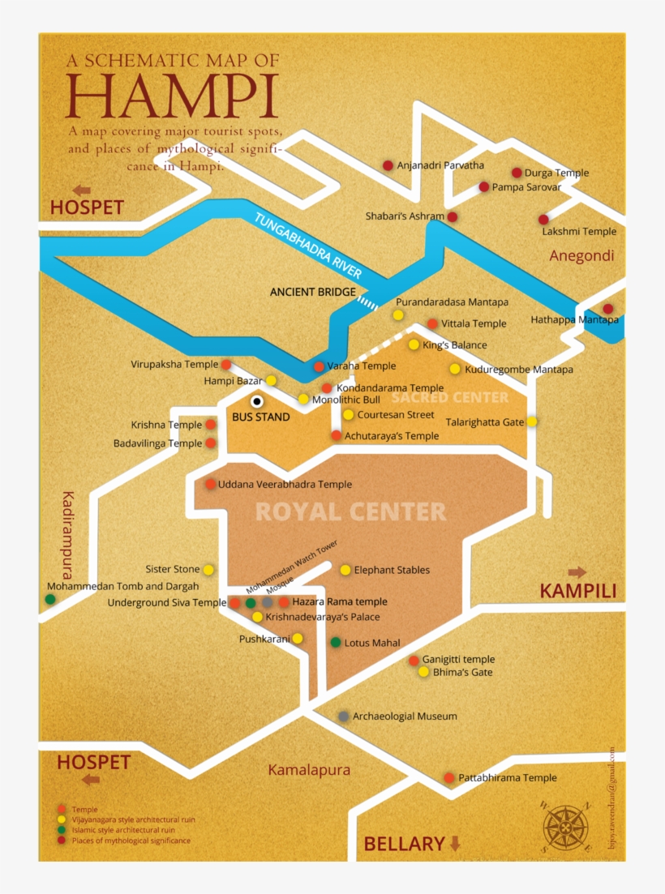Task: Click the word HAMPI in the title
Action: click(172, 96)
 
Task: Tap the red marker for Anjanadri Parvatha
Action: click(388, 165)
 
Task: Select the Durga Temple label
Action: click(556, 173)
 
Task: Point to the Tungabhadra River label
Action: click(308, 246)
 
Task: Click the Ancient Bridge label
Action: click(313, 292)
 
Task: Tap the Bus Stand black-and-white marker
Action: click(257, 400)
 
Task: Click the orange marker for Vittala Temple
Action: click(432, 323)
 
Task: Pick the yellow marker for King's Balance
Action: click(414, 344)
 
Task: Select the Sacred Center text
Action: click(449, 397)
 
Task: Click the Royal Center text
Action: click(350, 511)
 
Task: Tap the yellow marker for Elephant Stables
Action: click(345, 570)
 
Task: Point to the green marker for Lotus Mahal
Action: click(336, 643)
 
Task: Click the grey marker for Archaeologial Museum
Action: click(344, 716)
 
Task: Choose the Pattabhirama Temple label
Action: click(507, 778)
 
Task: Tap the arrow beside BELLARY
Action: click(455, 844)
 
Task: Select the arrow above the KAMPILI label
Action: click(577, 572)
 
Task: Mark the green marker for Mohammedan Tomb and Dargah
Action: click(50, 599)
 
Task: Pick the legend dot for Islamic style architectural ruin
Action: click(62, 831)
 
